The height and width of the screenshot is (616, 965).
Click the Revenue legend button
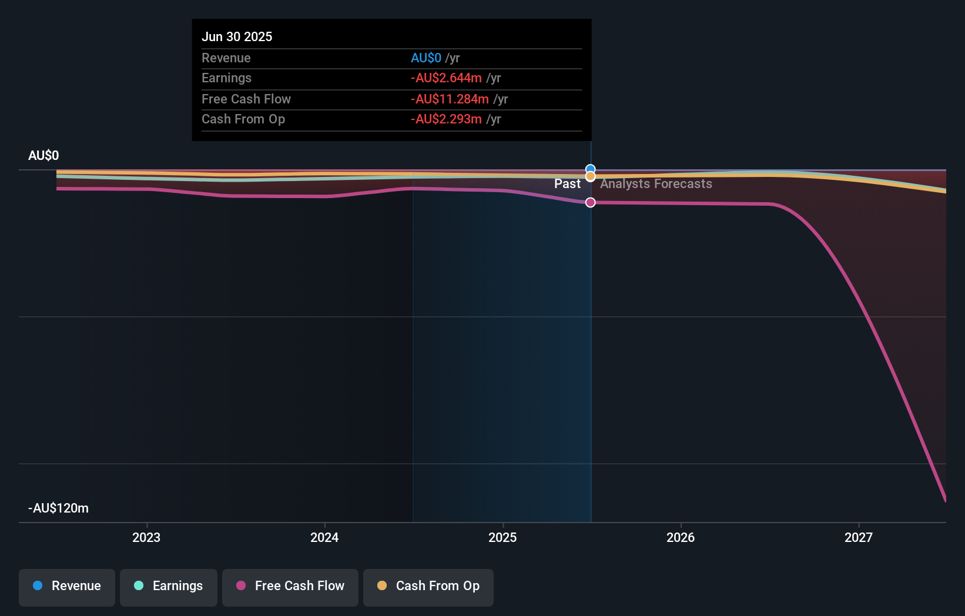pos(67,586)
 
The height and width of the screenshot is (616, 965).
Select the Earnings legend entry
pos(169,586)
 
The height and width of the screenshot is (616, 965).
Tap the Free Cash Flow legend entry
pos(290,586)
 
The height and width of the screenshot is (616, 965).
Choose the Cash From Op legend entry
pos(428,586)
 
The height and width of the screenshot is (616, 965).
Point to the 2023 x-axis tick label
pos(146,537)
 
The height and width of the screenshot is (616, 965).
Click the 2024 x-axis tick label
pos(324,537)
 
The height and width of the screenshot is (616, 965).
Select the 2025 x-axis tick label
pos(502,537)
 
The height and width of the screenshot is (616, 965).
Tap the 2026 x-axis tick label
pos(681,537)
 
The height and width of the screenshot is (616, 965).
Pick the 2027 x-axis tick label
pos(859,537)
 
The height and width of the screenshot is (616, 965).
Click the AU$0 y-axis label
pos(43,156)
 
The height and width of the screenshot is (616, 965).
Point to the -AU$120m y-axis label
pos(58,508)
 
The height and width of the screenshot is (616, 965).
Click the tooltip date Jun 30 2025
pos(237,36)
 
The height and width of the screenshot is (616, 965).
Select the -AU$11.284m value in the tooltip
pos(450,99)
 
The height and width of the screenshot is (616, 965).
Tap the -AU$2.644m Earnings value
pos(446,78)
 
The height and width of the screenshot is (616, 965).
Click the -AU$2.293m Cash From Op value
pos(446,119)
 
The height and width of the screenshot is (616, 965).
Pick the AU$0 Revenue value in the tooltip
pos(426,58)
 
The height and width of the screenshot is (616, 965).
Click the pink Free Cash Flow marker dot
pos(591,202)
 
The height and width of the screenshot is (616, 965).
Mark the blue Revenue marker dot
pos(591,169)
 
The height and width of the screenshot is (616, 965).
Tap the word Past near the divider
pos(567,184)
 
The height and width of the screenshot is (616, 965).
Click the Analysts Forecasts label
pos(656,184)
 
